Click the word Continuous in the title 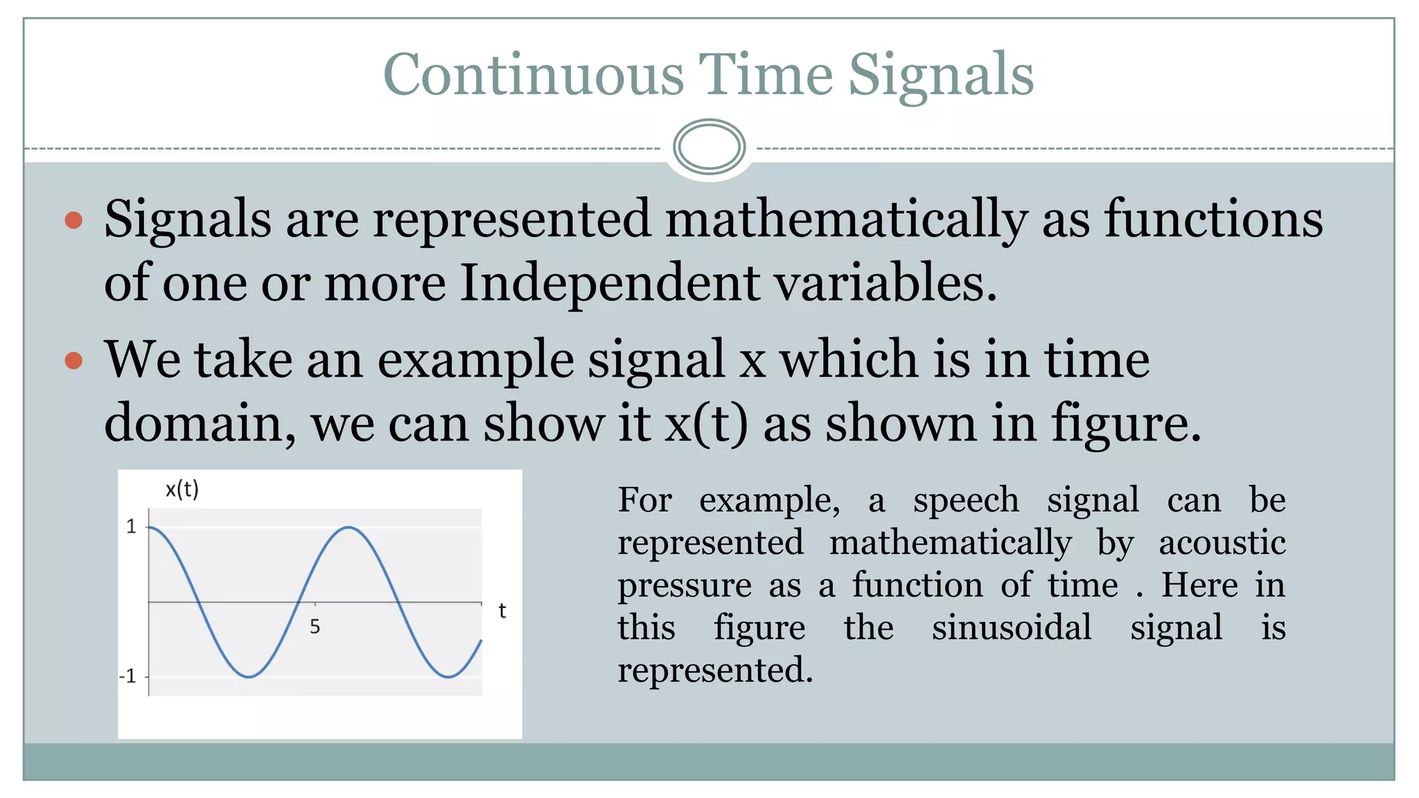click(533, 75)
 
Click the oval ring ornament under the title click(709, 147)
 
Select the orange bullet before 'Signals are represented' click(73, 221)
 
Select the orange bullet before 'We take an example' click(73, 361)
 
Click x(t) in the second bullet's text click(706, 423)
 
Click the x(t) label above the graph click(182, 490)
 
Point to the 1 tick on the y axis click(131, 527)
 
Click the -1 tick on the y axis click(128, 676)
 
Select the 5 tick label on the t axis click(315, 627)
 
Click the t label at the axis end click(502, 611)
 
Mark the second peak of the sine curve click(349, 528)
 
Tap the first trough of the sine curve click(248, 676)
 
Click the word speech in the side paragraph click(966, 501)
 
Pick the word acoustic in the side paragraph click(1222, 542)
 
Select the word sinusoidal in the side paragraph click(1012, 628)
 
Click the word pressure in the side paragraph click(685, 586)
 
